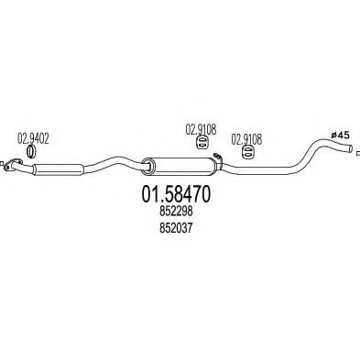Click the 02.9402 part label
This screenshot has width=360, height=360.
click(x=33, y=139)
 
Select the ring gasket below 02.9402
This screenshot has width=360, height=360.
click(x=31, y=151)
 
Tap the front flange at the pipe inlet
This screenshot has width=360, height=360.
click(x=14, y=164)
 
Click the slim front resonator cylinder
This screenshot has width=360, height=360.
click(x=59, y=169)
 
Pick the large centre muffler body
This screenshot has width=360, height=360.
click(x=183, y=167)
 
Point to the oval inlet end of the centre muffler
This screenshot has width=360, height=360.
click(x=148, y=167)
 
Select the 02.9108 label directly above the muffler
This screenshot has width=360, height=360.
click(x=201, y=129)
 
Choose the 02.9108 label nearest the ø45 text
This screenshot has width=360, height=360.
click(x=246, y=139)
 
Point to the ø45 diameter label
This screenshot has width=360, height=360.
click(x=341, y=135)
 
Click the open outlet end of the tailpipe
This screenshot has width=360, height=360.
click(x=351, y=148)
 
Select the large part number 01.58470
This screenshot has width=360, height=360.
click(x=176, y=194)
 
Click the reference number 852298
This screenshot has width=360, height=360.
click(x=176, y=212)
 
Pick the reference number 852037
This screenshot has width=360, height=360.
click(x=176, y=228)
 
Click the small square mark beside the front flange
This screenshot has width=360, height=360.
click(x=2, y=164)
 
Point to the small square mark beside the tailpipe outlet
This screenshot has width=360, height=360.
click(x=358, y=153)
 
